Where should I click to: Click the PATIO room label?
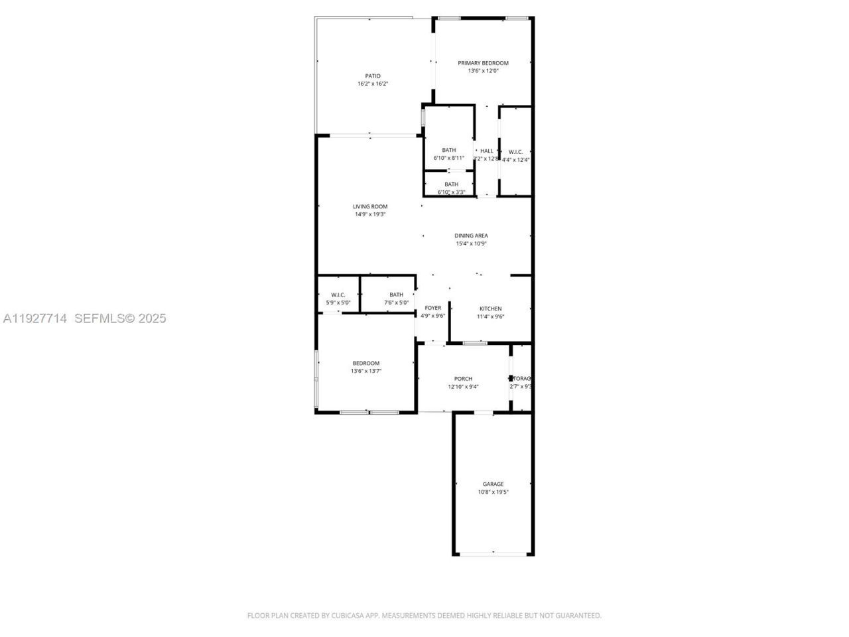[373, 76]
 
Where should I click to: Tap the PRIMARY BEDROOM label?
[483, 63]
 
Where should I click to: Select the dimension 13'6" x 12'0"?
[483, 71]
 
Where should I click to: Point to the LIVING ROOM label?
[370, 206]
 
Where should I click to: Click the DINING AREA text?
[471, 236]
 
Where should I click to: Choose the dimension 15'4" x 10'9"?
[471, 244]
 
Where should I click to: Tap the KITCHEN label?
[491, 309]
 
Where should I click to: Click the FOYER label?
[432, 308]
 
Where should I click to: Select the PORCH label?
[463, 379]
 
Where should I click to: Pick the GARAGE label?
[493, 484]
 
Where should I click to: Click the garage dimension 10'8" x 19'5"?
[493, 492]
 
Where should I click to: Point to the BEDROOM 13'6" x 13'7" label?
[366, 363]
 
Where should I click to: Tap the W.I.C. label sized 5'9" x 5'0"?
[338, 295]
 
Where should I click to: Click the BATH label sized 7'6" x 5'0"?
[396, 295]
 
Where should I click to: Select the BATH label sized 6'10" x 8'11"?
[449, 150]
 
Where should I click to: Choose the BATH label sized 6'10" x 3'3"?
[451, 184]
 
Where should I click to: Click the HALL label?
[487, 151]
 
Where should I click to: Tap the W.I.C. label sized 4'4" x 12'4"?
[515, 152]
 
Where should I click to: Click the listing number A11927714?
[35, 318]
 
